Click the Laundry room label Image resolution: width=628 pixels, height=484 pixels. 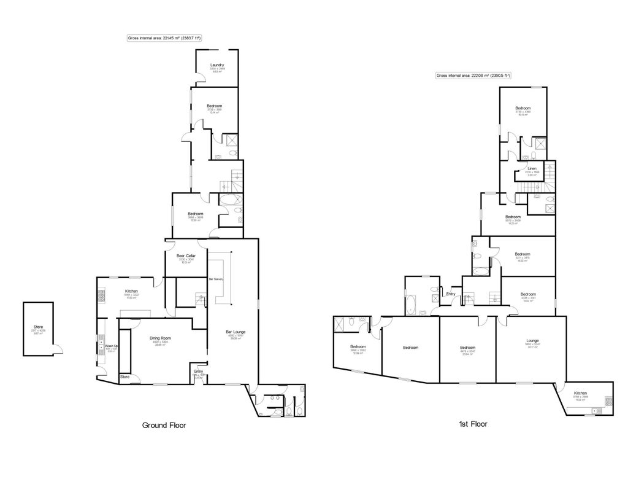coord(216,64)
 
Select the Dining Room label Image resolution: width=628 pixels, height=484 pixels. coord(160,338)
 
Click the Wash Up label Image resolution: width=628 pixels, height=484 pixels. coord(111,346)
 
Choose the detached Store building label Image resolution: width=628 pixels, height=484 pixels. coord(38,327)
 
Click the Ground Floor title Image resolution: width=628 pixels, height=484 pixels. coord(164,424)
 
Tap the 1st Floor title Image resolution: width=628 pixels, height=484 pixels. coord(472,424)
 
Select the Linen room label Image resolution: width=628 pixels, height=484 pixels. coord(532,169)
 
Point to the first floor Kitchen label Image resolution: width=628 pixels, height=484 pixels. coord(580,393)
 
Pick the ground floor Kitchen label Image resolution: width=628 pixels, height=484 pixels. coord(131,291)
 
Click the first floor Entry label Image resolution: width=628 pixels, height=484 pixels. coord(451,294)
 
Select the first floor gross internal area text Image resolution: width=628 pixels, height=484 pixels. coord(473,76)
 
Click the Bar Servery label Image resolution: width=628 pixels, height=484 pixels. coord(217,280)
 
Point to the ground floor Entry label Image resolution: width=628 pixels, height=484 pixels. coord(199,371)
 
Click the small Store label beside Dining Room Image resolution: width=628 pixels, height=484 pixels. coord(125,377)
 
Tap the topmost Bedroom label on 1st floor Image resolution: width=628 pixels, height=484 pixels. coord(523,108)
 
